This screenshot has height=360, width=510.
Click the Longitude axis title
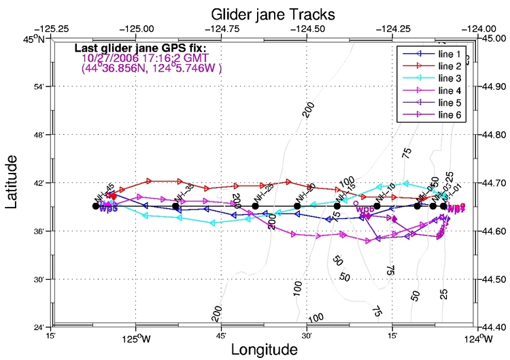tap(265, 349)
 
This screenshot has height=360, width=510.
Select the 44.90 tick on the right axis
tap(495, 87)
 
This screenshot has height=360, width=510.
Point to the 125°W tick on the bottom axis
tap(136, 337)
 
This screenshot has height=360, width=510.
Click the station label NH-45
tap(105, 191)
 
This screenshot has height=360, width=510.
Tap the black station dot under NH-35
tap(176, 206)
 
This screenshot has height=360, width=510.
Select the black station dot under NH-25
tap(255, 206)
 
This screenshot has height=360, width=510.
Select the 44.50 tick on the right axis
tap(495, 280)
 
